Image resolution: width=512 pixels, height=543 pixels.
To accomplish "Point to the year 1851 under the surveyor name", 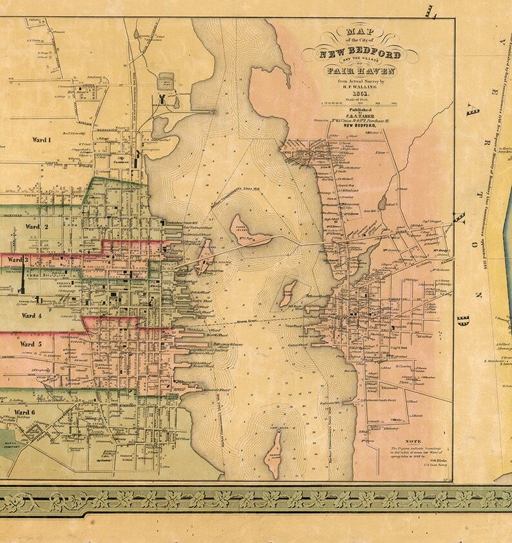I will click(352, 92).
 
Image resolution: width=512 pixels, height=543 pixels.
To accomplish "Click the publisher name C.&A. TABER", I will click(352, 116).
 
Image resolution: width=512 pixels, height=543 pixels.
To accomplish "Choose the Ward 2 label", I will click(37, 227).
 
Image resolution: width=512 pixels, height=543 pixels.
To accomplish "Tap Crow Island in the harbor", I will click(288, 292).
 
